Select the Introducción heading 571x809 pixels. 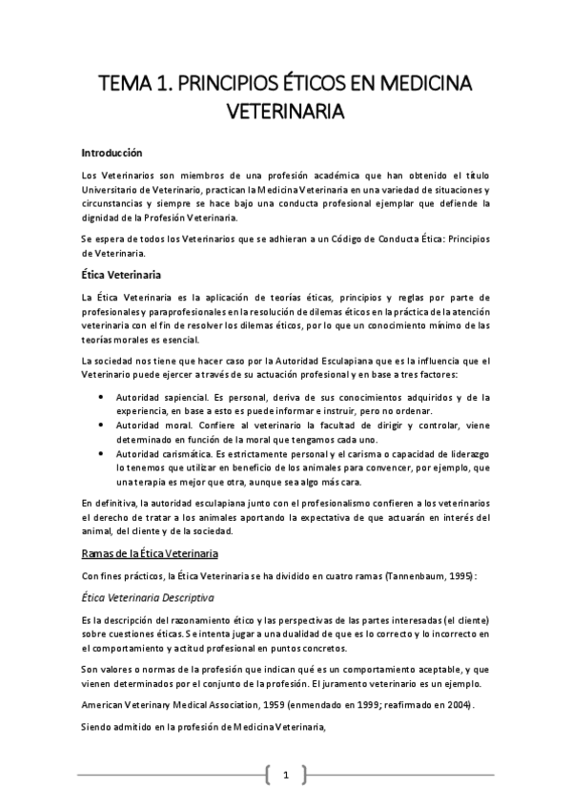[x=112, y=153]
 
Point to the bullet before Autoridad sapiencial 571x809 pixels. [x=103, y=396]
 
